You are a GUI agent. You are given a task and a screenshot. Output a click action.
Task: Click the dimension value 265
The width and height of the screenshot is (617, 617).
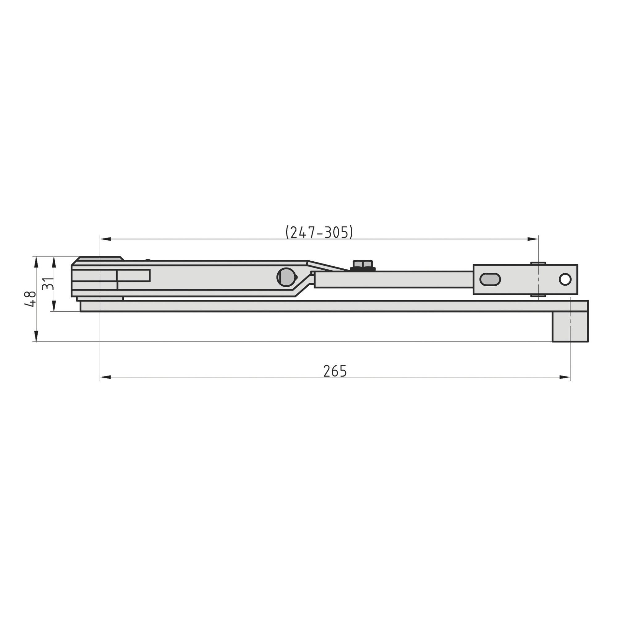pyautogui.click(x=335, y=371)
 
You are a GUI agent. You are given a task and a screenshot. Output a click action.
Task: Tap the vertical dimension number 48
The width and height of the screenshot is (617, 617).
pyautogui.click(x=30, y=299)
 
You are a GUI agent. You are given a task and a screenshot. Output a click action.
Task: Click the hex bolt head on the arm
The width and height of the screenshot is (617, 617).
pyautogui.click(x=362, y=266)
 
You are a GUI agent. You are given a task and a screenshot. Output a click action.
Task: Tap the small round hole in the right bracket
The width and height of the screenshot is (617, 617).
pyautogui.click(x=565, y=280)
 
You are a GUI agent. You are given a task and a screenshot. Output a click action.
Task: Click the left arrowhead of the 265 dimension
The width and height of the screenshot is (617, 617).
pyautogui.click(x=106, y=377)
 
